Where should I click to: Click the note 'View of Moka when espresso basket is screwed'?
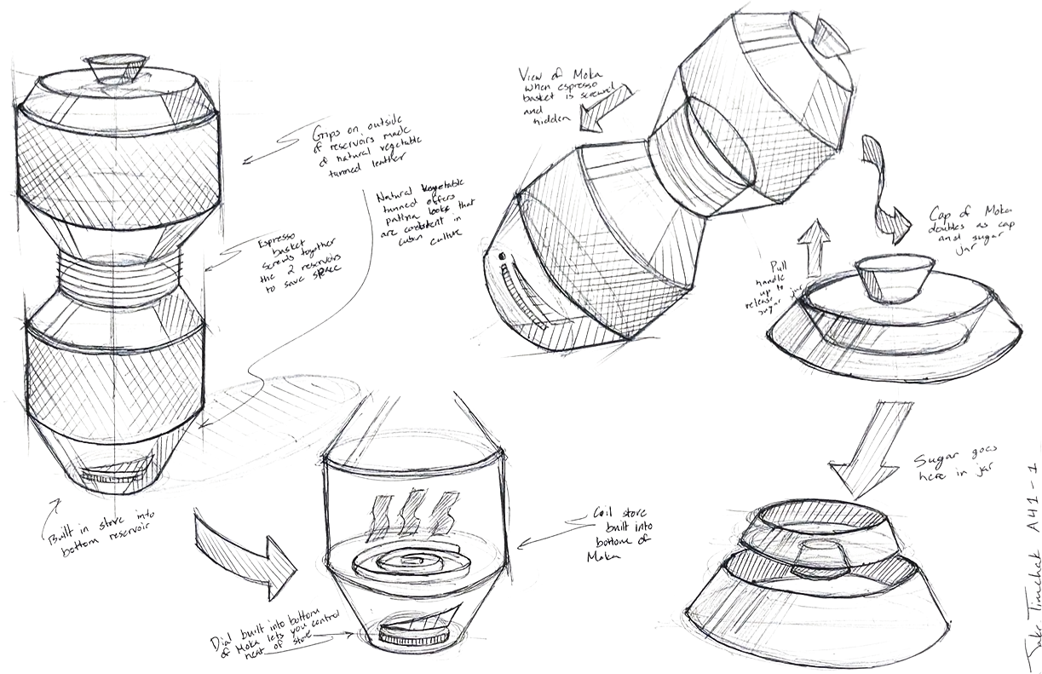click(x=561, y=98)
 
